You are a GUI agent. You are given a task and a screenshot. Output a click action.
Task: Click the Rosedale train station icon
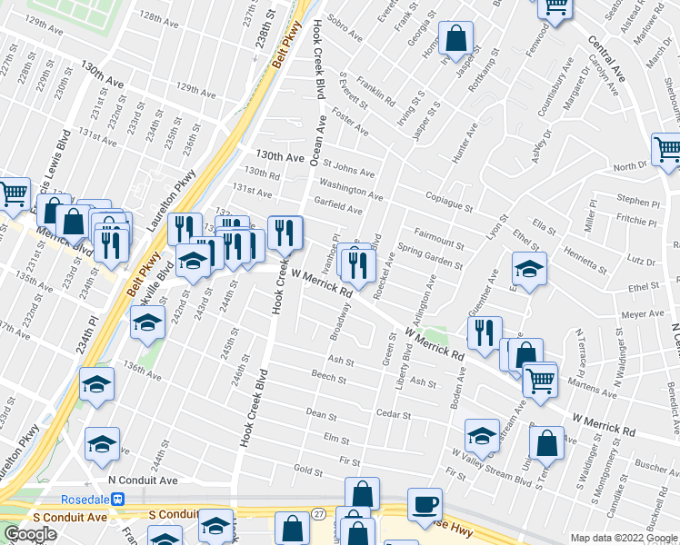[x=117, y=499]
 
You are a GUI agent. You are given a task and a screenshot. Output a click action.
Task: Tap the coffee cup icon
[x=425, y=505]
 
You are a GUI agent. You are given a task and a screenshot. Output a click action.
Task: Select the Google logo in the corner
[x=30, y=534]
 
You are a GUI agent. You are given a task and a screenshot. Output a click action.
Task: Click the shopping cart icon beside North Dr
[x=667, y=149]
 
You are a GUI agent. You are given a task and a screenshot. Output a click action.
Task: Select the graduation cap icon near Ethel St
[x=529, y=269]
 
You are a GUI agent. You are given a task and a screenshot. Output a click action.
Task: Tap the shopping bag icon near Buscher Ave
[x=546, y=444]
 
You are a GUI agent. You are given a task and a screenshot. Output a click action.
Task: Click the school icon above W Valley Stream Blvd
[x=482, y=435]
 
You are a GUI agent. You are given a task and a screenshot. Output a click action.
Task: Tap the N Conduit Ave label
[x=142, y=480]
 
